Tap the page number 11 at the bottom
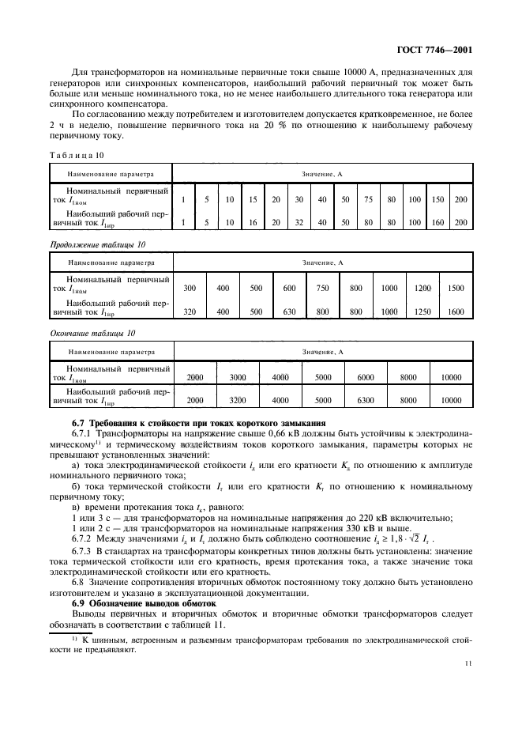click(469, 663)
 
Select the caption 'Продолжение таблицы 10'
click(97, 245)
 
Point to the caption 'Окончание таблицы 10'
click(91, 334)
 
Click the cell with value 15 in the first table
click(253, 199)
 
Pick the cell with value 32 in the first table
click(299, 223)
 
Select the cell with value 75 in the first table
click(368, 199)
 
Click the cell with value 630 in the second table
click(290, 311)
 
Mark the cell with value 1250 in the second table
click(422, 311)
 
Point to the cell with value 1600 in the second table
click(456, 311)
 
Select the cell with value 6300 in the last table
click(366, 400)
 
